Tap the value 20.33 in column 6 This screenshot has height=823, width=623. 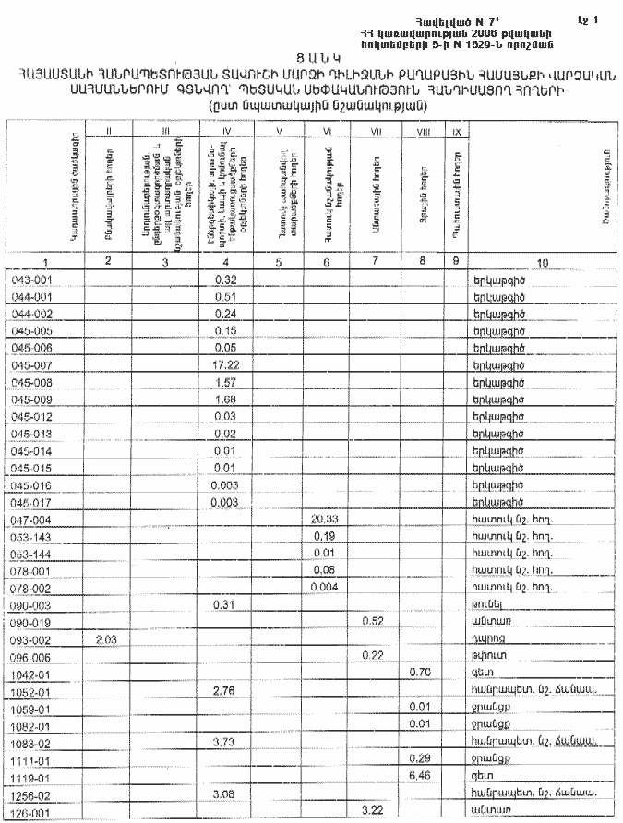(324, 520)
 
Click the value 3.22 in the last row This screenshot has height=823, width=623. (372, 810)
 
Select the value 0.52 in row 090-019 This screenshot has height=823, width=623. (372, 621)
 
